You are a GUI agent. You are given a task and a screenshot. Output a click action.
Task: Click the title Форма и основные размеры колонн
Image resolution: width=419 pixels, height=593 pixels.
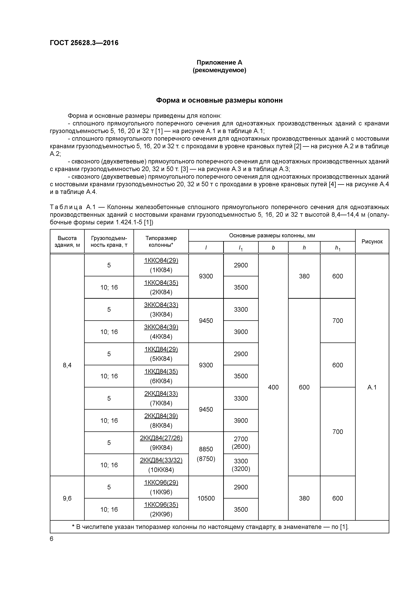[219, 100]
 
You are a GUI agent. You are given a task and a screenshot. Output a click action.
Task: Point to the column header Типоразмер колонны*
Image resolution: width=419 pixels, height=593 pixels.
[161, 242]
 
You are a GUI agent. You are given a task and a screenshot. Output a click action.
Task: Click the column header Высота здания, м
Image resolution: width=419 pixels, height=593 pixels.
[67, 242]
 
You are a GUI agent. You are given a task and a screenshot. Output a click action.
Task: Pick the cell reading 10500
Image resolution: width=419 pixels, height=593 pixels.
[206, 498]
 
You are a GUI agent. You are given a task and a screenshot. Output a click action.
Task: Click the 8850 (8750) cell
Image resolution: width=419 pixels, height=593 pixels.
[206, 454]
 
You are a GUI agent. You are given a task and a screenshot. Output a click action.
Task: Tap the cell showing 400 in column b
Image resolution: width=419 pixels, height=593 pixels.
[273, 387]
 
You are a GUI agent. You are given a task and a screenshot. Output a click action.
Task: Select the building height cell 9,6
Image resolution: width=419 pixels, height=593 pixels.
[67, 498]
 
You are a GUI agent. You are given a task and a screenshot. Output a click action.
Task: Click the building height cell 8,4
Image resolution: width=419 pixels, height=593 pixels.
[67, 365]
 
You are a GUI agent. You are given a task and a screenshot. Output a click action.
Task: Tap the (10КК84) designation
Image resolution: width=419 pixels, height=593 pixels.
[161, 470]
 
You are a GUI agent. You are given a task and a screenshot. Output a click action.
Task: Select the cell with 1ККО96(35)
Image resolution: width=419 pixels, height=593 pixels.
[161, 504]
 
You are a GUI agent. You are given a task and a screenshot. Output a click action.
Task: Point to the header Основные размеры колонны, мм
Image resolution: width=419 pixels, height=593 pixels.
[272, 235]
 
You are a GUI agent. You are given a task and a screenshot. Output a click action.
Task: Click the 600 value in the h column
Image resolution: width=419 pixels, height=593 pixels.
[304, 387]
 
